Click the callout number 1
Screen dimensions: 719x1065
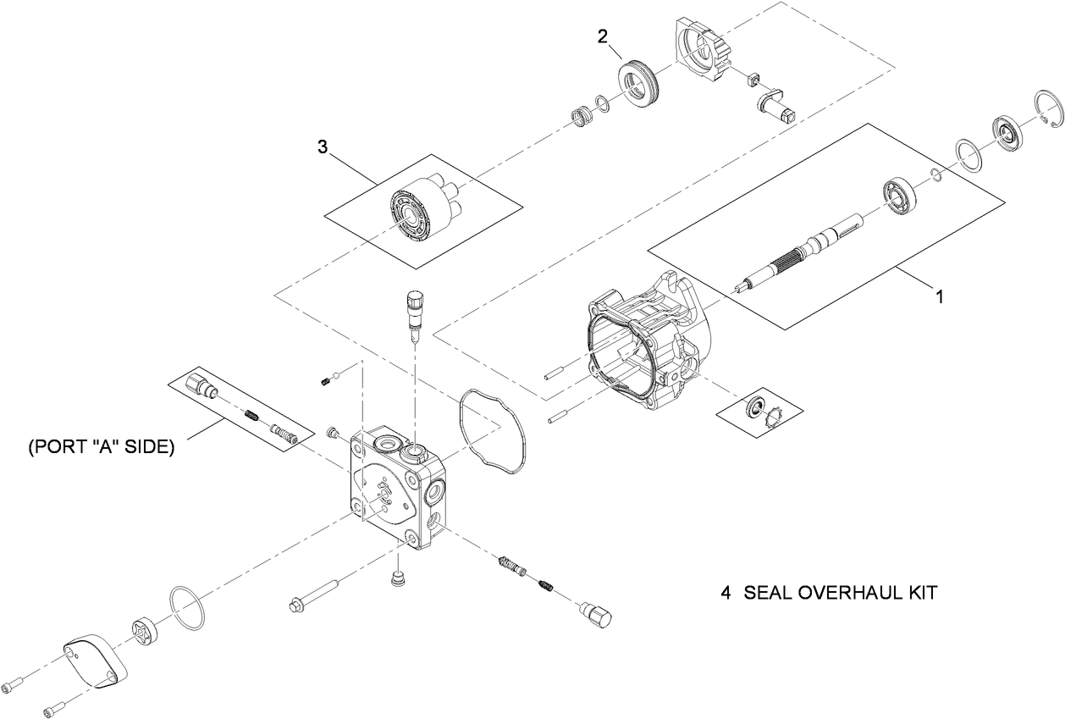939,297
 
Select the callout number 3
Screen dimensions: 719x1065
323,147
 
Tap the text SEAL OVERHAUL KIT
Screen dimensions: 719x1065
840,593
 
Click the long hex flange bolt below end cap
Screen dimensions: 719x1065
317,594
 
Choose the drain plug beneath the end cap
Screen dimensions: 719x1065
395,578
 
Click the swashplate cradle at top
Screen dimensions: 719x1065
703,51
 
